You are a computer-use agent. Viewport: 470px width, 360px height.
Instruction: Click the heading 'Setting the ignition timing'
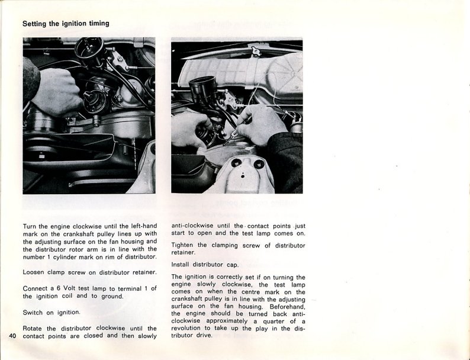click(x=65, y=24)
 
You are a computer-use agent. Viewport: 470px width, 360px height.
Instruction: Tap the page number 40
click(x=13, y=336)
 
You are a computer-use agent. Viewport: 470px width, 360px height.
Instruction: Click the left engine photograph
click(x=89, y=115)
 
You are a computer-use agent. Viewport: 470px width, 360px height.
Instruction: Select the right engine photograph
click(x=237, y=115)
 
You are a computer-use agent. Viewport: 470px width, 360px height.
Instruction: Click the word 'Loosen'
click(x=34, y=272)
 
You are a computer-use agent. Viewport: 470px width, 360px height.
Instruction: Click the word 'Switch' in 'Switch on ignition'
click(x=34, y=312)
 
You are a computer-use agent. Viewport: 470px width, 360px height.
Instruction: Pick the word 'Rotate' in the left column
click(x=34, y=328)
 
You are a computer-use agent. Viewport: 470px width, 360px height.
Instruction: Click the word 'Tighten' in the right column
click(x=185, y=245)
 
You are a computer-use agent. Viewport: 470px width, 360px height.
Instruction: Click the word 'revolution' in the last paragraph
click(x=189, y=328)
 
